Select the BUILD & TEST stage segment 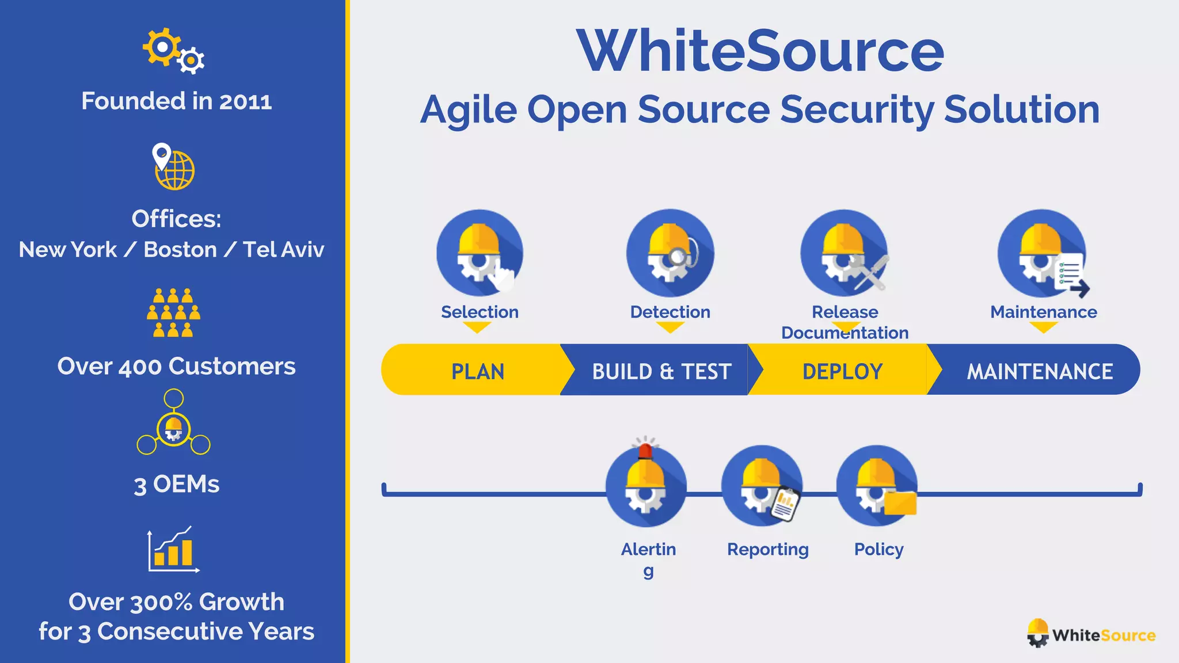point(661,371)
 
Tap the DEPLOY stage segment point(842,371)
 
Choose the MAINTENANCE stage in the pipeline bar point(1039,371)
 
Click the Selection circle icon point(479,253)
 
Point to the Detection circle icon point(670,253)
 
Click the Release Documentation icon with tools point(845,253)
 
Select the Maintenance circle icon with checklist point(1042,253)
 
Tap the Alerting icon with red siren point(646,486)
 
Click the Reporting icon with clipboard point(762,486)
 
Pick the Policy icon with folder point(877,486)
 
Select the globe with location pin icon point(173,167)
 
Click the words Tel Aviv point(283,250)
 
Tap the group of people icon point(173,313)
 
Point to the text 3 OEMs point(176,484)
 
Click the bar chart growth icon point(173,550)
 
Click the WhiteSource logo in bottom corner point(1091,634)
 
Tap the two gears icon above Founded point(173,51)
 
